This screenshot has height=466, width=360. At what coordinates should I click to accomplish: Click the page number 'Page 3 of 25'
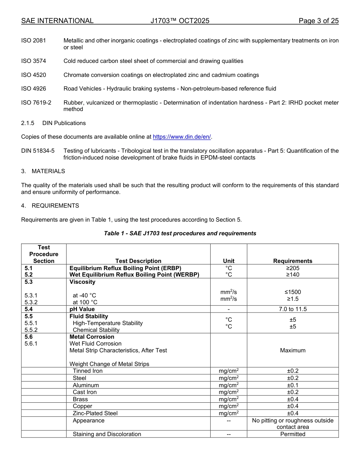click(318, 21)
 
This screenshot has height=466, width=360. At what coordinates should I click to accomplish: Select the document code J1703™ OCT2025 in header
click(180, 21)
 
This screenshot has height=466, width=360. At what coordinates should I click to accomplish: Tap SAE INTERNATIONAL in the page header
click(57, 21)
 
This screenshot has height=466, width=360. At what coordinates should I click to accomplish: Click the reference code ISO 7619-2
click(36, 103)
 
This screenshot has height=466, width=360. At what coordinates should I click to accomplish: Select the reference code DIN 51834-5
click(38, 151)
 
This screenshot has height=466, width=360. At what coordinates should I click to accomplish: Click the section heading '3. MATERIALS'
click(43, 171)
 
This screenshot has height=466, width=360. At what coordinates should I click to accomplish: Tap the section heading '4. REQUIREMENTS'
click(50, 206)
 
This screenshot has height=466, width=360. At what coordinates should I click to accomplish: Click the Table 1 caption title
click(180, 233)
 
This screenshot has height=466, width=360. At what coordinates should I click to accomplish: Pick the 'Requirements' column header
click(293, 261)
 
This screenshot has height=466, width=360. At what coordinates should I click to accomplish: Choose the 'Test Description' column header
click(138, 261)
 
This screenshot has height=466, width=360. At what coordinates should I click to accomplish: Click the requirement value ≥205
click(293, 268)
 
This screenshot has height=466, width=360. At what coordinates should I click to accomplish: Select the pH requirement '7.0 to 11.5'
click(293, 309)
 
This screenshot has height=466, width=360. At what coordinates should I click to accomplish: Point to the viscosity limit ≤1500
click(293, 292)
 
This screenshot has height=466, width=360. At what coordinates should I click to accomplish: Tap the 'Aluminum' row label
click(86, 385)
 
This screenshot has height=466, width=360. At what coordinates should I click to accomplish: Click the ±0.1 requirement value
click(293, 385)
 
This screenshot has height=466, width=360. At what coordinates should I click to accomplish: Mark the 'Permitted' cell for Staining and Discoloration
click(293, 434)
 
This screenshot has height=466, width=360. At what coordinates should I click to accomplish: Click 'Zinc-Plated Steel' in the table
click(95, 413)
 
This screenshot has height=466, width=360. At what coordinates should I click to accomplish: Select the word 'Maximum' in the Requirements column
click(293, 350)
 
